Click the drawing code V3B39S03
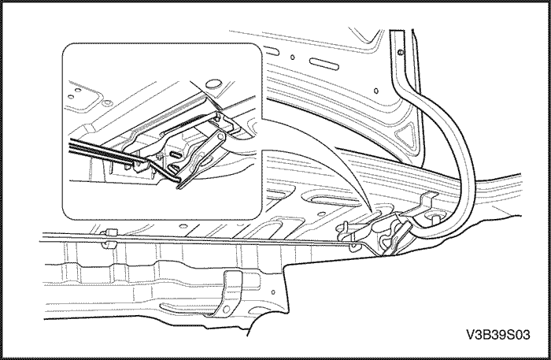[x=498, y=335]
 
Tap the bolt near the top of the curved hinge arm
[x=401, y=53]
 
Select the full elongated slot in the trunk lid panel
[x=324, y=64]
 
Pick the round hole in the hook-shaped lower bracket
[x=226, y=309]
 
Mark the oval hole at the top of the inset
[x=212, y=84]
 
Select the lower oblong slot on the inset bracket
[x=175, y=168]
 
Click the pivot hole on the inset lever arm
[x=221, y=135]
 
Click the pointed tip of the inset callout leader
[x=368, y=211]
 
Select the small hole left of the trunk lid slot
[x=292, y=57]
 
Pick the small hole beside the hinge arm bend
[x=376, y=91]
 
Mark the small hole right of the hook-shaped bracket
[x=273, y=291]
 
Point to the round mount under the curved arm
[x=433, y=217]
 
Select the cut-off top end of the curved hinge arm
[x=397, y=31]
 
